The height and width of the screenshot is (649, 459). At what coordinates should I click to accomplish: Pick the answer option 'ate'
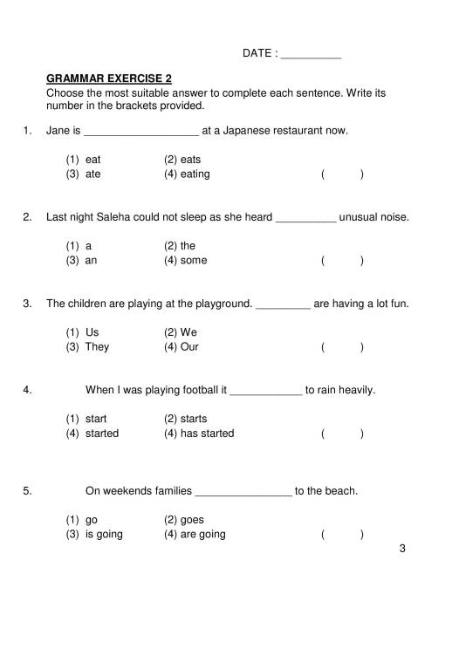coord(93,174)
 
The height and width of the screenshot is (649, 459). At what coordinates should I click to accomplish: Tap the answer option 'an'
coord(92,260)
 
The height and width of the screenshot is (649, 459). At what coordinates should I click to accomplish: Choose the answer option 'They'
coord(97,346)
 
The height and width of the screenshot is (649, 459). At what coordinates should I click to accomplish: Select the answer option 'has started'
coord(207,433)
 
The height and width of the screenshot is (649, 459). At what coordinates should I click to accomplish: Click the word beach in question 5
coord(339,490)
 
